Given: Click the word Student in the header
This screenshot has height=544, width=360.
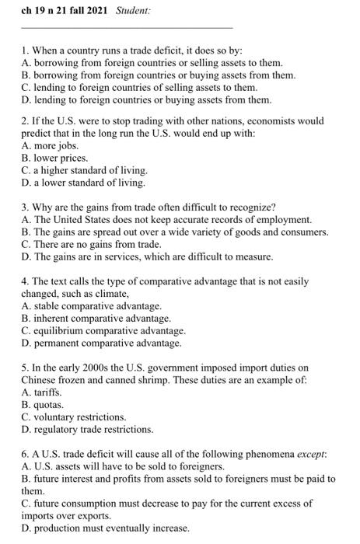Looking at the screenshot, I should click(133, 12).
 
